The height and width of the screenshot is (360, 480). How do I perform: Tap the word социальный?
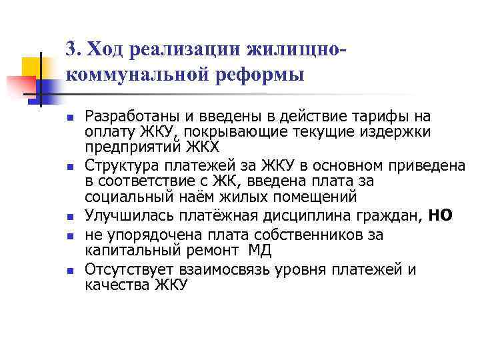[x=123, y=197]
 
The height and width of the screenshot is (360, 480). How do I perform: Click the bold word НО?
[x=440, y=215]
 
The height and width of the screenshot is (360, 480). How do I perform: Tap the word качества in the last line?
[x=117, y=285]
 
